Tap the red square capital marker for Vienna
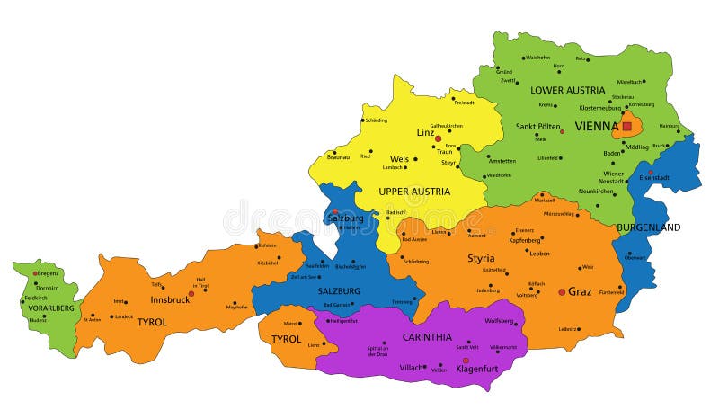[x=626, y=127]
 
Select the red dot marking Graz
[x=563, y=291]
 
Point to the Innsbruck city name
[x=169, y=299]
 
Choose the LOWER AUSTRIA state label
[x=567, y=90]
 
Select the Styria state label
[x=480, y=258]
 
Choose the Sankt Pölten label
[x=538, y=127]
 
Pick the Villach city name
[x=412, y=368]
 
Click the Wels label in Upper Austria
[x=399, y=159]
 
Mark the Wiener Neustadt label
[x=613, y=177]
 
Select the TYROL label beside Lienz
[x=286, y=339]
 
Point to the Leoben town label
[x=540, y=253]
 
